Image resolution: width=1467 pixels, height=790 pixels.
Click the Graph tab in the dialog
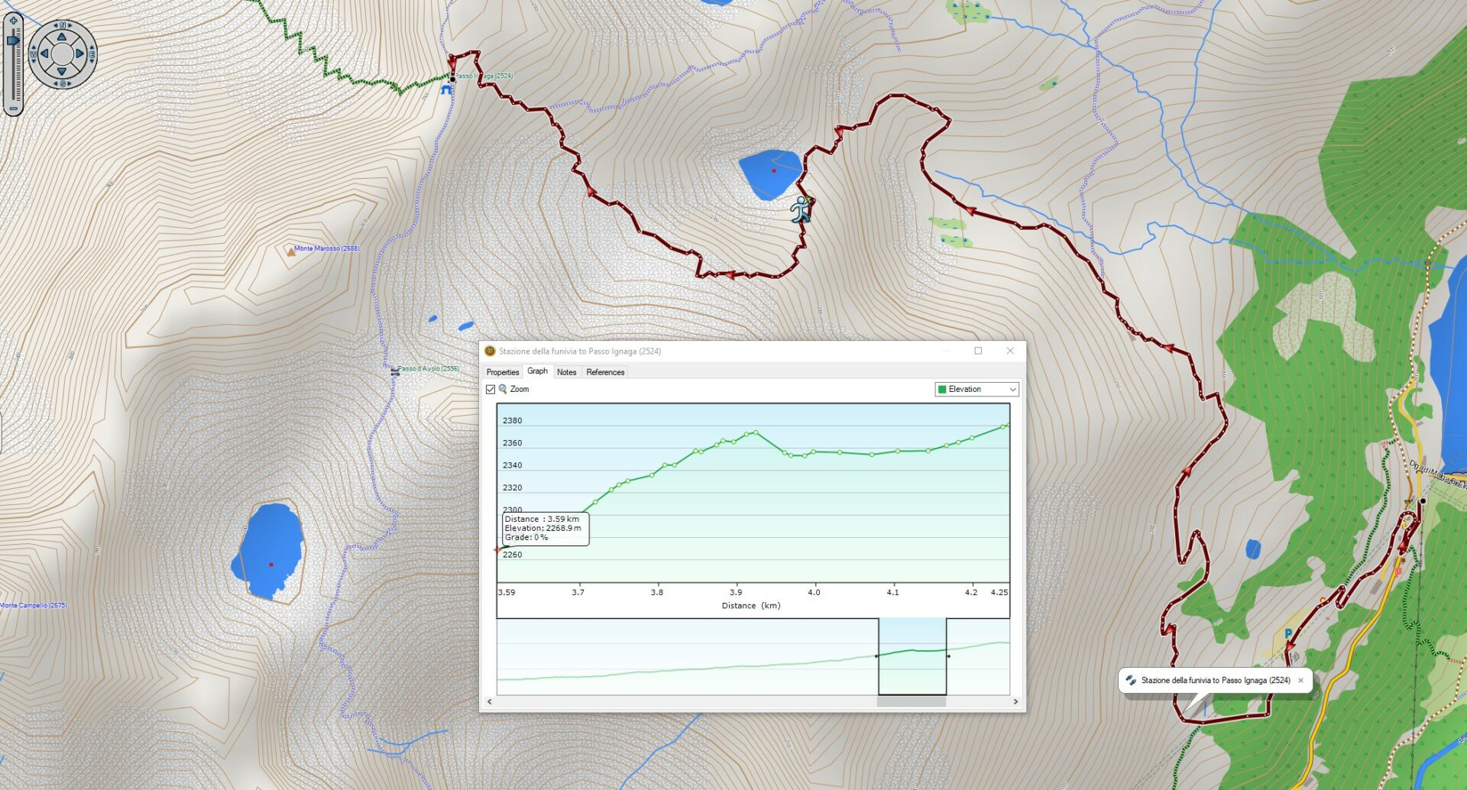point(537,371)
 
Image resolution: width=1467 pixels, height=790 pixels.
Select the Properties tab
point(502,372)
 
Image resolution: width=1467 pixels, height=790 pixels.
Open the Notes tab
point(566,372)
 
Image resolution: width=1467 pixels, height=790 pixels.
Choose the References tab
point(605,372)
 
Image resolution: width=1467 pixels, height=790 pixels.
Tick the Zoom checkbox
point(491,390)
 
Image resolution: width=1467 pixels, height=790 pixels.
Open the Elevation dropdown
point(976,390)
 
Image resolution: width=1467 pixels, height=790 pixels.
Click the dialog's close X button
point(1010,351)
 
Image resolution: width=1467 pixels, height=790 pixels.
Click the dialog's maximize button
point(978,351)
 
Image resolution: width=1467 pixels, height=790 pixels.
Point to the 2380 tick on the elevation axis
point(512,421)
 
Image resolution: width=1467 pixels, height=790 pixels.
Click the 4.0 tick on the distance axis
point(814,592)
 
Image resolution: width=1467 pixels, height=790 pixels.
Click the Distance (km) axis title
point(750,606)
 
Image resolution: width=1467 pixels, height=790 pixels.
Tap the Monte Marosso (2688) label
point(326,248)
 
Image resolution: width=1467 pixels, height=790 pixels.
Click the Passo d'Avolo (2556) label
point(428,368)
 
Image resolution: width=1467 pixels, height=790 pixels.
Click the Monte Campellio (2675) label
point(34,605)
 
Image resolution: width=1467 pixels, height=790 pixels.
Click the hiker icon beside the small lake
point(801,209)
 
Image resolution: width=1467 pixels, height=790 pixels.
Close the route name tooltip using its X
point(1300,680)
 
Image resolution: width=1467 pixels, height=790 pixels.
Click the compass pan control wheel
point(62,53)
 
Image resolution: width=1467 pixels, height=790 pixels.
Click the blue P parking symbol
point(1288,633)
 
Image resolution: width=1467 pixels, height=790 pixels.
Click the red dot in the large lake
point(271,565)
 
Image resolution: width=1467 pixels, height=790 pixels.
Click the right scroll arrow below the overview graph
point(1015,701)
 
